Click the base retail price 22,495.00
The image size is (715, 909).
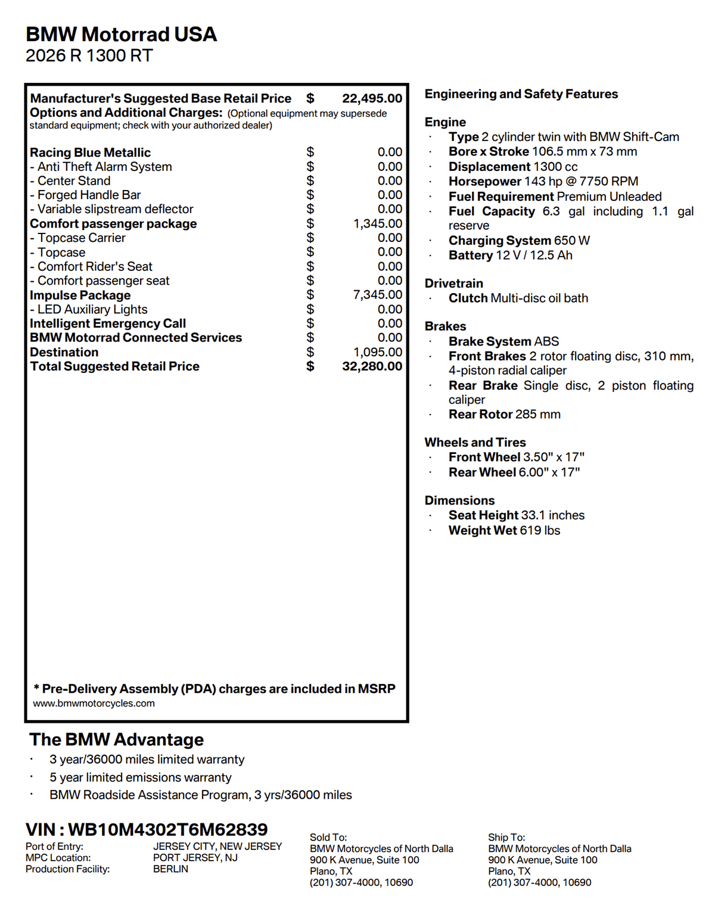click(372, 98)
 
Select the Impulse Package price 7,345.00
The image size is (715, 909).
click(377, 295)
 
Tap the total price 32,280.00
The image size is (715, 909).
click(372, 366)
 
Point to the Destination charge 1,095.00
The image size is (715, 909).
click(377, 352)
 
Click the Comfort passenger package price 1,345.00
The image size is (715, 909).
click(377, 223)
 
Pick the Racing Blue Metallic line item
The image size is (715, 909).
click(90, 152)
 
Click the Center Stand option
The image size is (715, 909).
click(73, 181)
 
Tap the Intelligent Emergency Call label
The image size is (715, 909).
click(108, 323)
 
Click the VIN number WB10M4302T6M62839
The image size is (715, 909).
click(167, 829)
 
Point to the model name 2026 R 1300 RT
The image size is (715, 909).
click(89, 55)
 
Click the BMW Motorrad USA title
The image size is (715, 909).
click(121, 34)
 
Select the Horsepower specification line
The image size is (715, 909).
click(543, 182)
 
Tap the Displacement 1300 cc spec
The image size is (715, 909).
click(512, 167)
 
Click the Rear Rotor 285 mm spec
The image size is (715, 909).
click(504, 415)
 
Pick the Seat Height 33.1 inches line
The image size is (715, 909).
click(516, 515)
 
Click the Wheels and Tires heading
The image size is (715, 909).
click(475, 443)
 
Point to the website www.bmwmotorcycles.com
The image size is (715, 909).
click(94, 703)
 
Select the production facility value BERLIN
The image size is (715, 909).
click(170, 869)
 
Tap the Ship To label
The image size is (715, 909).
click(506, 838)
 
